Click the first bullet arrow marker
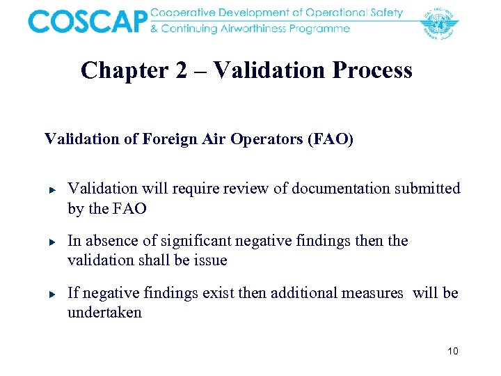pos(51,189)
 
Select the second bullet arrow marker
pos(51,242)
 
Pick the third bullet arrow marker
pos(51,295)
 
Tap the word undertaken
pos(104,313)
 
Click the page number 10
pos(452,351)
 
